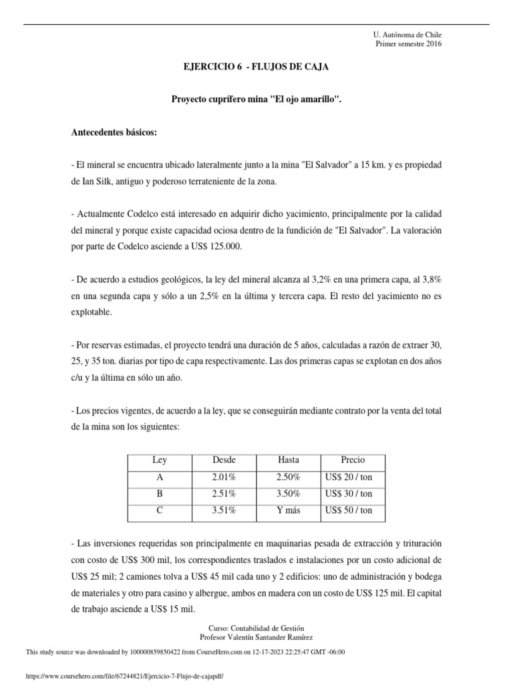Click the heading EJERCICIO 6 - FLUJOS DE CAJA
pos(256,67)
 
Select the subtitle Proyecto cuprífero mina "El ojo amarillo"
pos(256,100)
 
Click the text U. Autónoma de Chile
pos(407,35)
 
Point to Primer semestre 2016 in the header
pos(409,44)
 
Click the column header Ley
pos(160,460)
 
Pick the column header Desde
pos(224,460)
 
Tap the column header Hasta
pos(289,460)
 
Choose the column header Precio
pos(353,460)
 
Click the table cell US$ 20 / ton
pos(348,477)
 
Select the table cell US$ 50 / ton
pos(348,511)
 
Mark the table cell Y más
pos(289,511)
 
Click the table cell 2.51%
pos(224,494)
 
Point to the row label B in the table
pos(160,494)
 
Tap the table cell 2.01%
pos(224,477)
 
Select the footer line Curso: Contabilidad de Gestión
pos(256,629)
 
